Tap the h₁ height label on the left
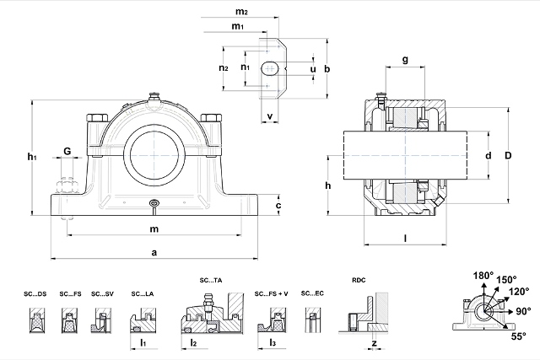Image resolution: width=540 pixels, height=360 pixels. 31,156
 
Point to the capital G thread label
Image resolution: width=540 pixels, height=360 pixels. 66,151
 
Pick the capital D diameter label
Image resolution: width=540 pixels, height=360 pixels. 508,155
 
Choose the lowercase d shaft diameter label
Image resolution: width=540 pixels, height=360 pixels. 488,156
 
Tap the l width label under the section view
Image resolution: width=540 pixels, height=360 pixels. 405,239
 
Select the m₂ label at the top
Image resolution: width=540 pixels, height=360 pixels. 241,12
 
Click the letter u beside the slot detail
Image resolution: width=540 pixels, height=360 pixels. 313,68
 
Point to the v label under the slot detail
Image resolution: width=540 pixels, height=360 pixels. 269,116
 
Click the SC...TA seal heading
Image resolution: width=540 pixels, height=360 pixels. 210,279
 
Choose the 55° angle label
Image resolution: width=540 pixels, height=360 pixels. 517,335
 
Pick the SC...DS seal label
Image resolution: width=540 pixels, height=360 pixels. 35,293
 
